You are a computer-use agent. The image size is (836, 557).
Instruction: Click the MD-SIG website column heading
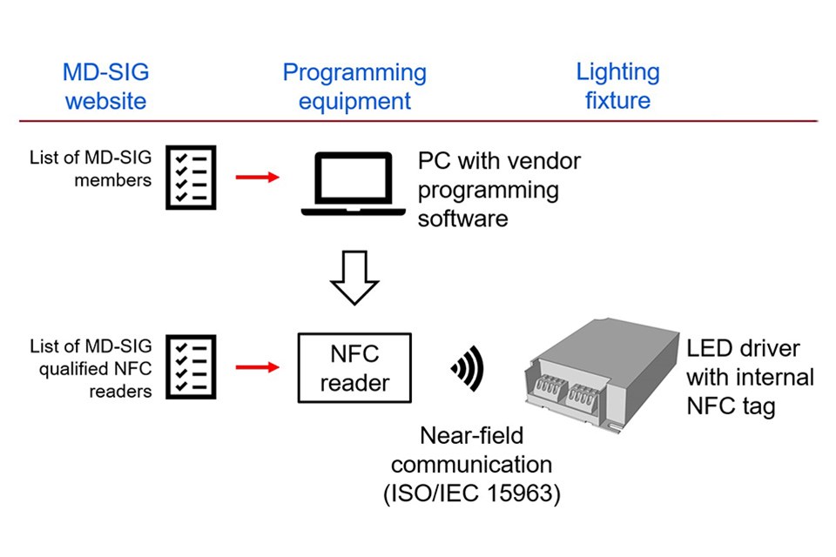point(105,86)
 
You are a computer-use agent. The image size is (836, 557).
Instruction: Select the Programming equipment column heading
point(354,86)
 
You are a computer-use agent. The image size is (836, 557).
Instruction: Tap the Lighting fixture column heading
point(617,86)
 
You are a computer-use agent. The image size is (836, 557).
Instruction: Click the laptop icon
point(353,185)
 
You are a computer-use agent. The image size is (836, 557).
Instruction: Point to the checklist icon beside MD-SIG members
point(191,178)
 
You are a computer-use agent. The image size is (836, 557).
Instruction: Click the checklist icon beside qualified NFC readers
point(191,367)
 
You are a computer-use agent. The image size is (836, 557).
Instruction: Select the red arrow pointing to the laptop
point(257,178)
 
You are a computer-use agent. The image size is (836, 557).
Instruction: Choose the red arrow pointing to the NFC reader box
point(257,367)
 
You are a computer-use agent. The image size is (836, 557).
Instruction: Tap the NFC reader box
point(355,367)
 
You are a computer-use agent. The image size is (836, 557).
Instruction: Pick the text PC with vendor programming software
point(498,189)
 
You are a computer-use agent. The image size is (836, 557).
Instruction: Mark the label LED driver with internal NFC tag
point(750,377)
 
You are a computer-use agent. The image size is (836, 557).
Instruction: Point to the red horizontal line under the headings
point(418,120)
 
